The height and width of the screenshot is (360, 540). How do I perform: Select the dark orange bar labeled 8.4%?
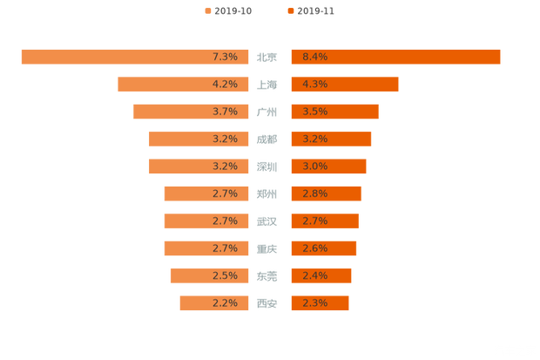[396, 57]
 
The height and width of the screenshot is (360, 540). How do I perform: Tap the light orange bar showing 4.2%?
[183, 84]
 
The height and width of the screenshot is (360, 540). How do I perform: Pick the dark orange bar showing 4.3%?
[344, 84]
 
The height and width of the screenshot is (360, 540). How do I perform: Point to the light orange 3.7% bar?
[192, 112]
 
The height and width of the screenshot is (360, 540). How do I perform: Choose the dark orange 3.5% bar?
[334, 112]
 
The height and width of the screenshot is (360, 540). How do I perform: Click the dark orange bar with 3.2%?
[331, 139]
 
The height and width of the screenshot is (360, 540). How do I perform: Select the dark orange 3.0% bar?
[328, 166]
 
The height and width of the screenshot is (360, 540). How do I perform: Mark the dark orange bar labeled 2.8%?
[325, 194]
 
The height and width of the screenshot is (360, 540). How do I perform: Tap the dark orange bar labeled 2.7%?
[324, 221]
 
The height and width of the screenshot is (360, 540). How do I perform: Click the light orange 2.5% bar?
[209, 275]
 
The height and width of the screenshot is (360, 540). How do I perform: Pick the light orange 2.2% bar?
[213, 303]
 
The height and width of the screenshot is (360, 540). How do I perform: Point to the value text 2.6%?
[314, 248]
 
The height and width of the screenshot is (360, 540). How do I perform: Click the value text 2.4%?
[314, 275]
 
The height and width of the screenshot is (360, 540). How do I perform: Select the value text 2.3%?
[314, 303]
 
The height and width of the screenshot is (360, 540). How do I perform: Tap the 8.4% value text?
[314, 57]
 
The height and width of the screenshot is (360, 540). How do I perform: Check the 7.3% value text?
[225, 57]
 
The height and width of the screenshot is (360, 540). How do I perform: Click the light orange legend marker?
[206, 11]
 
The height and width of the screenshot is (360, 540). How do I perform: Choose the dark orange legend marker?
[289, 11]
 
